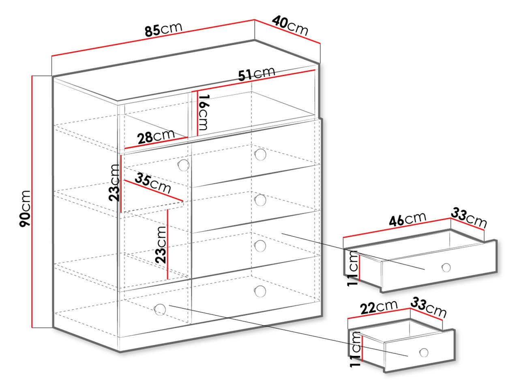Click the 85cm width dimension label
pos(163,29)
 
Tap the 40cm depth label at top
pos(290,26)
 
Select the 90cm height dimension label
pos(25,208)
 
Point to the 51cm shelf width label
pos(257,74)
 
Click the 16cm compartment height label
pos(204,112)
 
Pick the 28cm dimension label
pos(156,136)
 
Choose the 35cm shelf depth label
pos(153,183)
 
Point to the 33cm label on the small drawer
pos(428,308)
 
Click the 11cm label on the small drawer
pos(355,349)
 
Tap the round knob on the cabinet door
pos(184,165)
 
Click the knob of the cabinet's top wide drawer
pos(260,154)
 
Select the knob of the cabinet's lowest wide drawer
pos(260,291)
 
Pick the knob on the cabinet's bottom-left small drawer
pos(160,310)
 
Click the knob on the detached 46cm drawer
pos(446,268)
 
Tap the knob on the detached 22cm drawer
pos(424,352)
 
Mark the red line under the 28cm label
pos(156,143)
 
